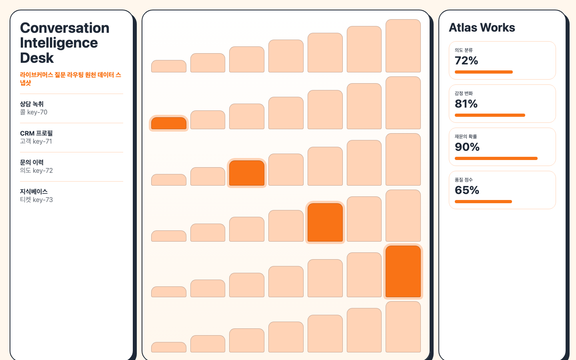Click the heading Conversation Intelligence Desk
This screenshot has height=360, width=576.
65,43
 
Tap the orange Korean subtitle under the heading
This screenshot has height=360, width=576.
71,79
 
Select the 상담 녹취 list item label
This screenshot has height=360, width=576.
32,104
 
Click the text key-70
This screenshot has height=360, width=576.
37,112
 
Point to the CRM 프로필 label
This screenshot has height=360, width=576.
36,133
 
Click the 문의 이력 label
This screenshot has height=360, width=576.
32,162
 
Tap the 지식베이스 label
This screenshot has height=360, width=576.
34,192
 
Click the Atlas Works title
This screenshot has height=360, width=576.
482,28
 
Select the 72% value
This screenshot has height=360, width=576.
466,60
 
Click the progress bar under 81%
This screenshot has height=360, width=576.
490,115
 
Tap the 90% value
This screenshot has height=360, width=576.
467,147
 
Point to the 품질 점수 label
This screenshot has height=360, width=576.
464,180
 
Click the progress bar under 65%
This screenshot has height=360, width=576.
484,202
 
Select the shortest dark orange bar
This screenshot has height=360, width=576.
169,124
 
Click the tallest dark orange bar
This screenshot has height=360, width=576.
403,272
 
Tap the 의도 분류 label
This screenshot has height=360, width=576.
464,50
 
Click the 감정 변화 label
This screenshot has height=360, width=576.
464,93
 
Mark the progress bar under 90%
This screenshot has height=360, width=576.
496,158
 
